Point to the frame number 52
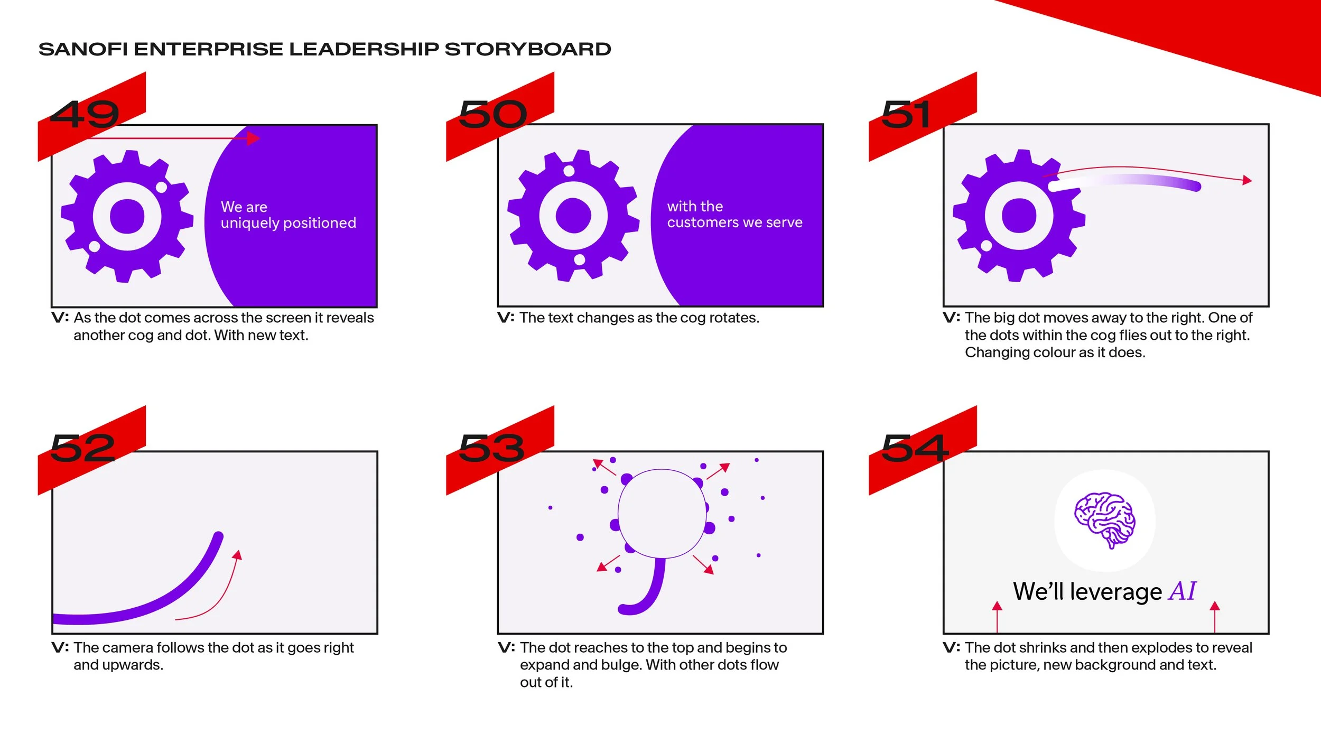(83, 448)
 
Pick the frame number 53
(491, 448)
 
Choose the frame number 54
(915, 448)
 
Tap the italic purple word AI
(1182, 591)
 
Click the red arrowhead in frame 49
(255, 138)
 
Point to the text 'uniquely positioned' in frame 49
(288, 223)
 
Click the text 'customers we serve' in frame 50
(734, 222)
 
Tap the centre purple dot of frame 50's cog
(573, 216)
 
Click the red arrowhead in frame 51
(1247, 180)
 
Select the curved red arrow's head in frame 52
(238, 555)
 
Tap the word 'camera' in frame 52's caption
(127, 648)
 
